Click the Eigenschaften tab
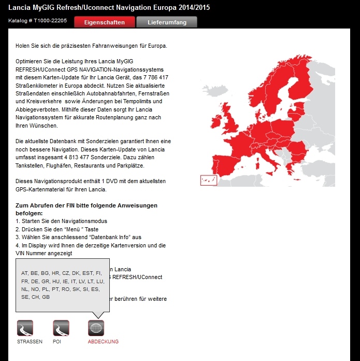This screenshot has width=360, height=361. click(104, 22)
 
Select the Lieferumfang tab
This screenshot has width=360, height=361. click(167, 22)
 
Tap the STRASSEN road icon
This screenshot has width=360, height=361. click(25, 328)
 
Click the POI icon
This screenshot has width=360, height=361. click(61, 328)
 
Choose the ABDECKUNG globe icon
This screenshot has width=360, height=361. click(96, 328)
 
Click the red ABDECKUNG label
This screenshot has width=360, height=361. click(103, 342)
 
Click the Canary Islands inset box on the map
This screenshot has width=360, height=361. click(208, 180)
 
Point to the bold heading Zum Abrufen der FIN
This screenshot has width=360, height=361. click(87, 205)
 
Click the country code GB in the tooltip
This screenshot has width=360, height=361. click(46, 297)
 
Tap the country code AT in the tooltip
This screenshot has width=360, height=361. click(24, 273)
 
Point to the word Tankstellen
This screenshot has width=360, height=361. click(30, 165)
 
